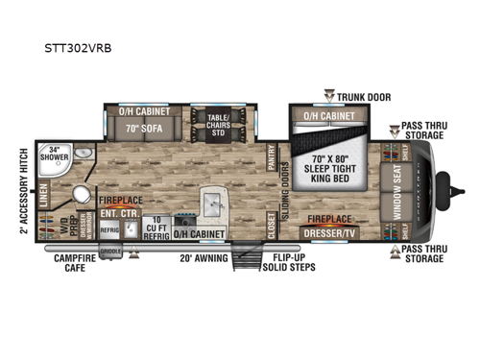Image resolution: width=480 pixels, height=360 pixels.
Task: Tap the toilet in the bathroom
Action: (x=81, y=196)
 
